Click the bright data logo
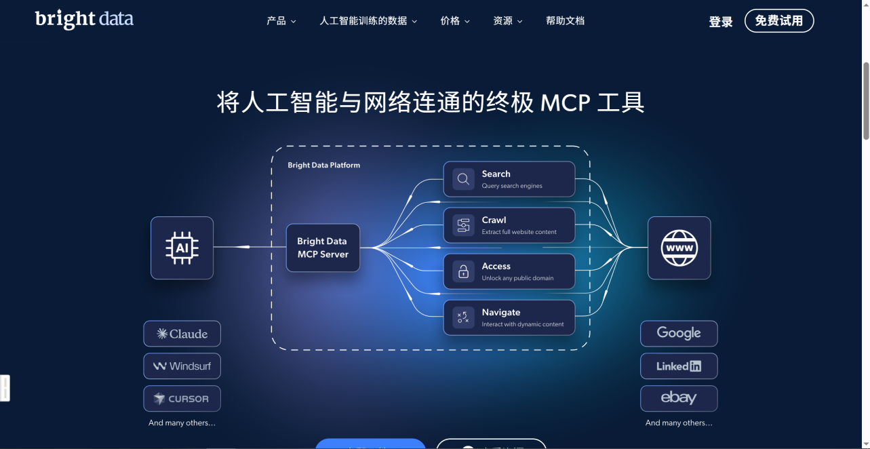coord(84,19)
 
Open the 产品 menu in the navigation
coord(281,21)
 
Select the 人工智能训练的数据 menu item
coord(368,21)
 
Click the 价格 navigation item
coord(455,21)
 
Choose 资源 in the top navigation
coord(508,21)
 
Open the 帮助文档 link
coord(565,21)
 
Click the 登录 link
coord(721,22)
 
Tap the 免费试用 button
coord(779,21)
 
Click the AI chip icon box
coord(182,248)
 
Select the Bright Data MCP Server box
coord(323,248)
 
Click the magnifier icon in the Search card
coord(463,179)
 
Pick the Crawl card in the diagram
coord(509,225)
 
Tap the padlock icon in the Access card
coord(463,271)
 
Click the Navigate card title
coord(501,312)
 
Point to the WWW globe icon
coord(679,248)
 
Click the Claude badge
coord(182,334)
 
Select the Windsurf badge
coord(182,366)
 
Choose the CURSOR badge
coord(182,399)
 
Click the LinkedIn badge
coord(679,366)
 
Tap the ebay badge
coord(679,399)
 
